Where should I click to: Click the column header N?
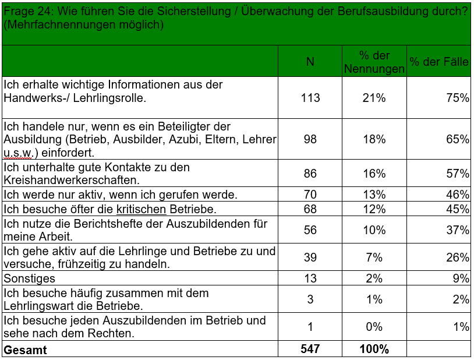[310, 62]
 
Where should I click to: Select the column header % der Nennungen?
[374, 62]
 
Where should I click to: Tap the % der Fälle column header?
[439, 62]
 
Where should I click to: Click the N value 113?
[310, 98]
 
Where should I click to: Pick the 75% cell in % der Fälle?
[458, 98]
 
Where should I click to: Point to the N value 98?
[310, 139]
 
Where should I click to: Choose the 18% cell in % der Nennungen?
[374, 139]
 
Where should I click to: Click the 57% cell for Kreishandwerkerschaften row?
[458, 174]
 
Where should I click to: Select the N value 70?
[310, 194]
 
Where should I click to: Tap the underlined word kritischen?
[141, 209]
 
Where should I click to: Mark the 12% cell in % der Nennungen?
[374, 209]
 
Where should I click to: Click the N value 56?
[310, 230]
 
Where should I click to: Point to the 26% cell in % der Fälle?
[458, 257]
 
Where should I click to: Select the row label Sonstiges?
[29, 278]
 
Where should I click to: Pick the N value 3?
[310, 299]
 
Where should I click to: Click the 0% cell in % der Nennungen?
[374, 327]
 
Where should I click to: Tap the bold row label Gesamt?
[26, 350]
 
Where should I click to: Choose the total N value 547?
[310, 349]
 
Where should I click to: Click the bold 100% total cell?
[374, 349]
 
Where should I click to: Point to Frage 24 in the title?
[29, 12]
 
